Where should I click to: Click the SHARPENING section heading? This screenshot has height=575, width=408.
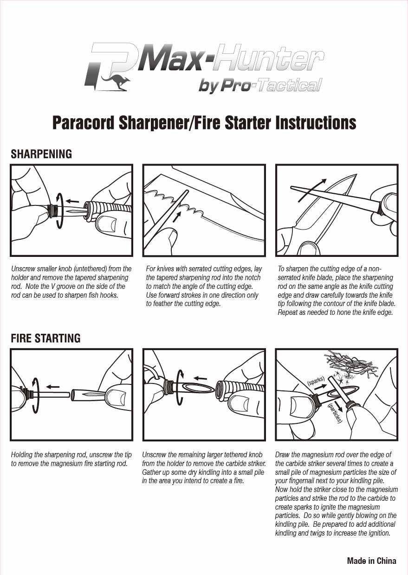41,154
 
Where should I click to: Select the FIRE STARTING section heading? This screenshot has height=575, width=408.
46,338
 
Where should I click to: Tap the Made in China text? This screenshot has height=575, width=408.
371,561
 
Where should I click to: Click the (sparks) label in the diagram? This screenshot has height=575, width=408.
316,381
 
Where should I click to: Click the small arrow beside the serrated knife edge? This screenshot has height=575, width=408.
176,217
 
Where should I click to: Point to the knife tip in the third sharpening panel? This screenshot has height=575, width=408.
357,174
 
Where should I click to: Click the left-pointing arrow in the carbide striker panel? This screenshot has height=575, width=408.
200,378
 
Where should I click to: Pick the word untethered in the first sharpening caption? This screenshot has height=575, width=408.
90,269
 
